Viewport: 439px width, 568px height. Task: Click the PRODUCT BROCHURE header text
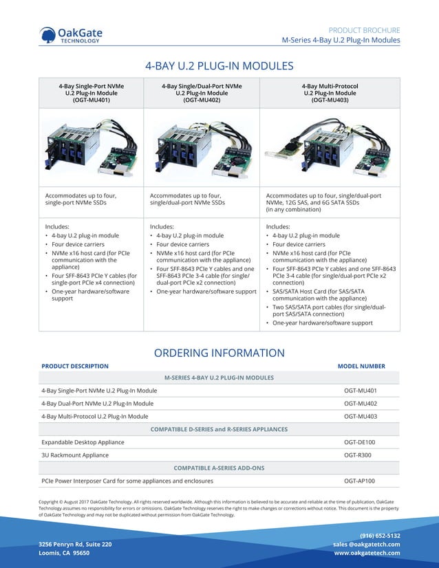tap(364, 30)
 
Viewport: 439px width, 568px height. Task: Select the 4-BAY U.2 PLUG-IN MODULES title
tap(219, 66)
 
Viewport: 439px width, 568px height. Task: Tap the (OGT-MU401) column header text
tap(91, 100)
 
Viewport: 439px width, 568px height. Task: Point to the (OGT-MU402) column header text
tap(202, 100)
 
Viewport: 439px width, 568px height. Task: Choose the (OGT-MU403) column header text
tap(330, 100)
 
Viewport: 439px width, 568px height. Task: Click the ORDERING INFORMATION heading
tap(219, 353)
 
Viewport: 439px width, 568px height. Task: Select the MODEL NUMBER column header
tap(361, 367)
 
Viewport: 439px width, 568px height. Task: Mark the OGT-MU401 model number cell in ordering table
tap(361, 391)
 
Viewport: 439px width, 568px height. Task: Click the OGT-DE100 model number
tap(360, 442)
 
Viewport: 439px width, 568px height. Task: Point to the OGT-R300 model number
tap(358, 455)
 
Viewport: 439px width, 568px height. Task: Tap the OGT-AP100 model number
tap(360, 481)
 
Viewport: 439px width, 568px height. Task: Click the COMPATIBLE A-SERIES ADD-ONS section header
tap(219, 468)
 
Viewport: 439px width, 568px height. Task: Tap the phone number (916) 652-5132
tap(380, 536)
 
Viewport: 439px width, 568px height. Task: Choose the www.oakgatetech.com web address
tap(367, 553)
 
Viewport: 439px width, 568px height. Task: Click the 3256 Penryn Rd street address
tap(75, 544)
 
